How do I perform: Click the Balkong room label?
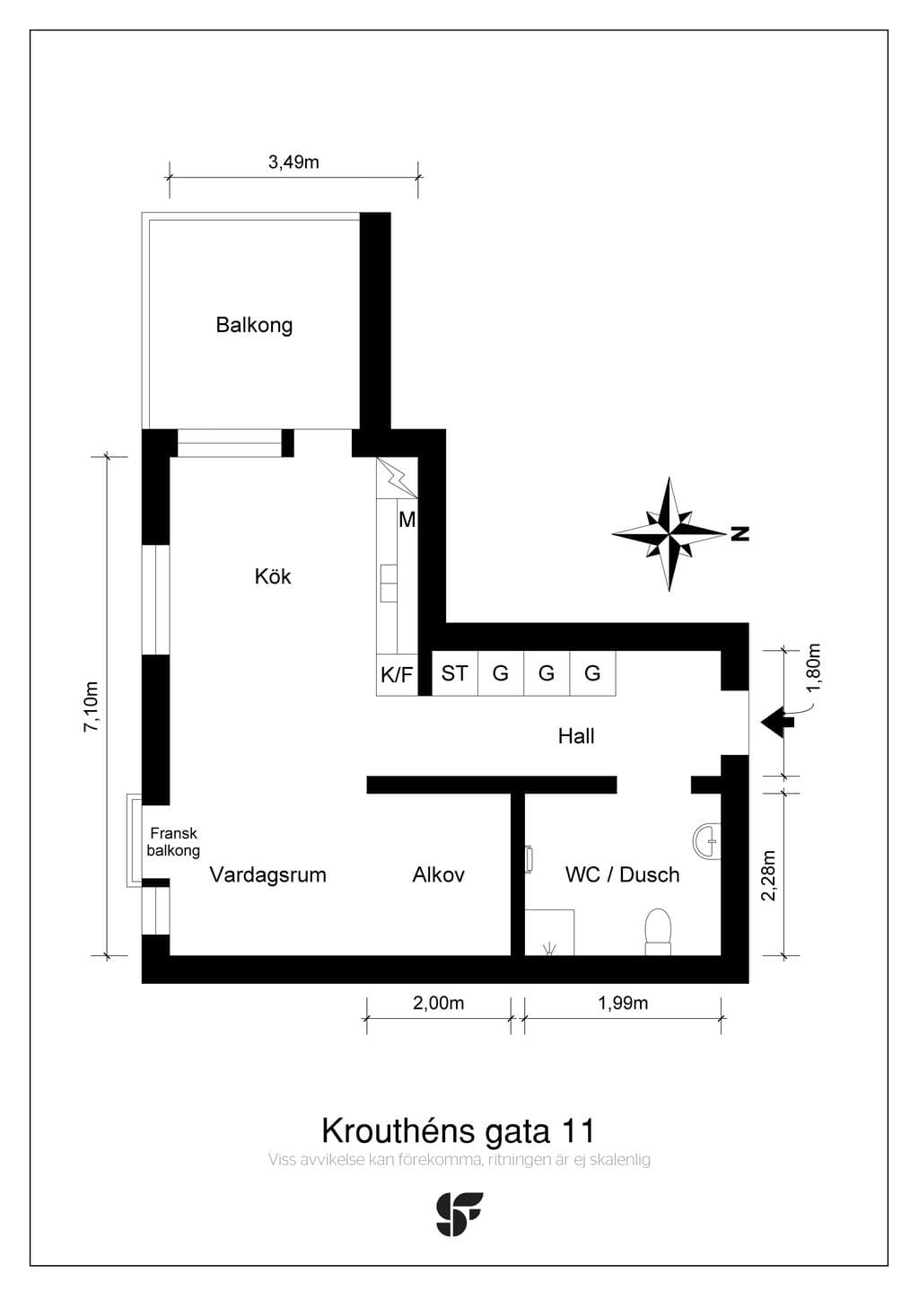(x=254, y=325)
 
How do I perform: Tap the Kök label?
(x=273, y=576)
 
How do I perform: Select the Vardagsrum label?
(x=268, y=874)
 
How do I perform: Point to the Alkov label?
(x=439, y=874)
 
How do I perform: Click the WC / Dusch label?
(x=623, y=874)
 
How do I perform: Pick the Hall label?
(x=576, y=736)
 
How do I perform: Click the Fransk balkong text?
(x=173, y=842)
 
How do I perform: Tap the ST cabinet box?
(x=455, y=673)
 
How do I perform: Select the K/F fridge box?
(x=397, y=674)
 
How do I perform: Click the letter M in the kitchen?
(x=407, y=520)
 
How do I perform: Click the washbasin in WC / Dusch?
(x=707, y=839)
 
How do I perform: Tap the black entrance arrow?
(x=777, y=723)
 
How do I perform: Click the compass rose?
(x=670, y=532)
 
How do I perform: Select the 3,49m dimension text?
(x=293, y=162)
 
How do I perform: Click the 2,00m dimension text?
(x=439, y=1003)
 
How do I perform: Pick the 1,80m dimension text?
(x=814, y=668)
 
